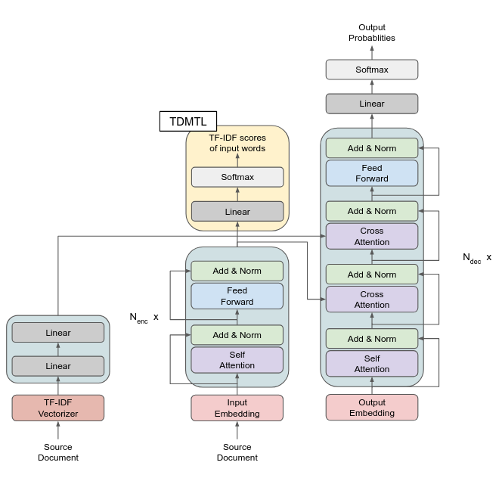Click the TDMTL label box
tap(188, 121)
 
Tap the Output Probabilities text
tap(371, 33)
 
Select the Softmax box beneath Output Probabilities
tap(371, 70)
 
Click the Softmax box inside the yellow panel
tap(237, 177)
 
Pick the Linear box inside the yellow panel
tap(237, 211)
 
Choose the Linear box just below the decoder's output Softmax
tap(371, 104)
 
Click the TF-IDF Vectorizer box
tap(58, 408)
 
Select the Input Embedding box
tap(237, 408)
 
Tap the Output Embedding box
tap(371, 408)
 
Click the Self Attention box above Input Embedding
tap(237, 360)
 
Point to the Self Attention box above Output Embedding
tap(371, 363)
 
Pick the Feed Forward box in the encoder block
tap(237, 296)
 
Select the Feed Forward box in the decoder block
tap(371, 173)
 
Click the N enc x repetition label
tap(144, 318)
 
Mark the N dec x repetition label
tap(476, 258)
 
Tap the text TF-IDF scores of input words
tap(237, 143)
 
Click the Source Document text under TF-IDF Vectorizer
tap(58, 452)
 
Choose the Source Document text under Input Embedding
tap(237, 452)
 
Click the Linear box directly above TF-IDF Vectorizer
tap(58, 366)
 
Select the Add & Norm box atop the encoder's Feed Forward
tap(237, 271)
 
